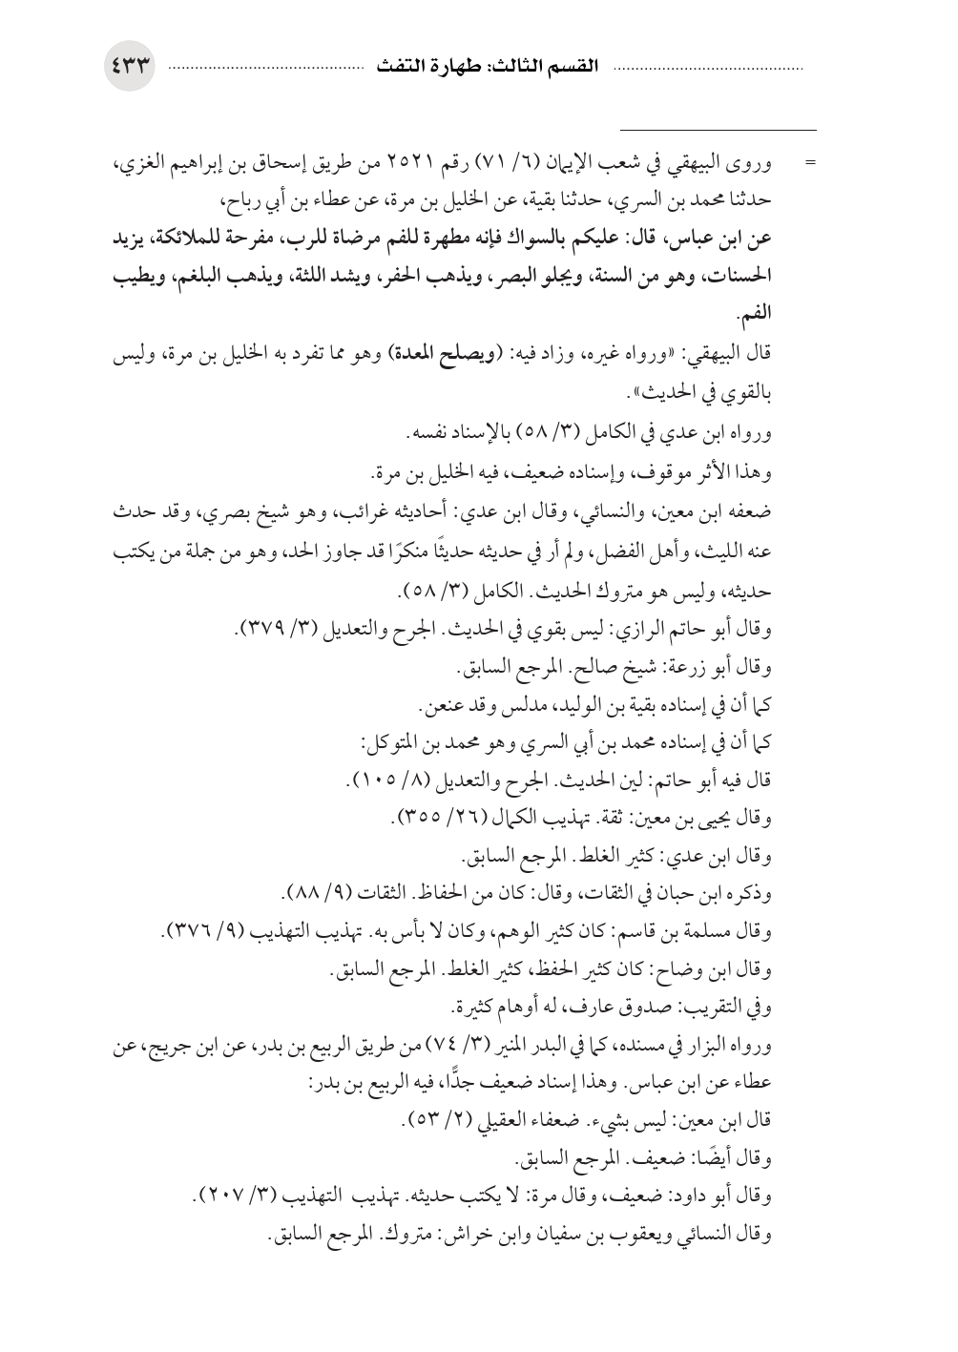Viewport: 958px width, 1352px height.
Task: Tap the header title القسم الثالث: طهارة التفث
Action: tap(486, 69)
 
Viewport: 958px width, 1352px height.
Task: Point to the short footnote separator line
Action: tap(718, 130)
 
